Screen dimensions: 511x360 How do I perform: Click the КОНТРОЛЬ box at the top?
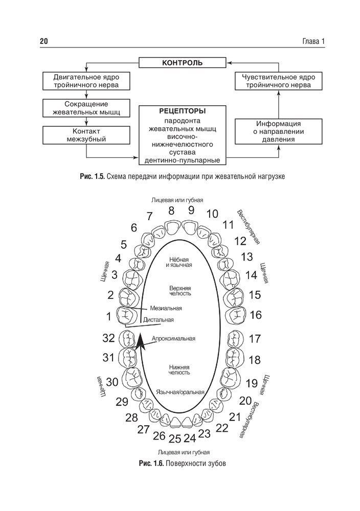coord(182,63)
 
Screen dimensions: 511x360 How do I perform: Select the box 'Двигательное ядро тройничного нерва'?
coord(86,81)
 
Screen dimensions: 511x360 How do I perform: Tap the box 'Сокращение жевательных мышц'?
coord(86,108)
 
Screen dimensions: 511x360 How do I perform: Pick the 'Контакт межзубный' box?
coord(86,135)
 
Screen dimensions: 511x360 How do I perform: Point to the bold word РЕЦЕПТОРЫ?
coord(183,111)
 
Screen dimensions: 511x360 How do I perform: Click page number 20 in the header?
coord(43,41)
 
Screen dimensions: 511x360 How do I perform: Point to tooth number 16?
coord(256,314)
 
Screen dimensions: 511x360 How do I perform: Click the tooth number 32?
coord(108,338)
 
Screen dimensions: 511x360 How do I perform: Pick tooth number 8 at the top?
coord(171,210)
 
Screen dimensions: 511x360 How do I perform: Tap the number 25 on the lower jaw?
coord(175,438)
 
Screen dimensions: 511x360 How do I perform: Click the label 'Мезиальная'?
coord(166,308)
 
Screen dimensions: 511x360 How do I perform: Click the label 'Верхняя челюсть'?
coord(180,291)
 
